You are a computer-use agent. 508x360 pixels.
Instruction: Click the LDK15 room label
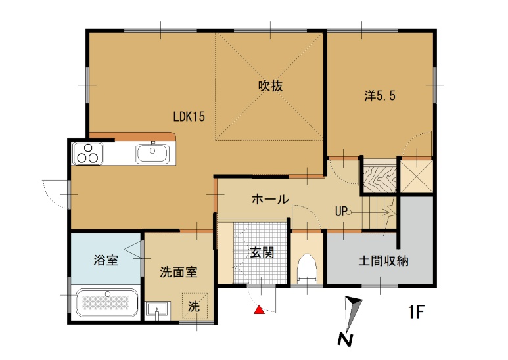click(190, 117)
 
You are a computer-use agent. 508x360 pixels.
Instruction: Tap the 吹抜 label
click(270, 85)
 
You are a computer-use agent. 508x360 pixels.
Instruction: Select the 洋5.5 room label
click(380, 95)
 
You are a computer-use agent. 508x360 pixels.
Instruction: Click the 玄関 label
click(262, 252)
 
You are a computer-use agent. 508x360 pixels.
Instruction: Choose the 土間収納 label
click(384, 260)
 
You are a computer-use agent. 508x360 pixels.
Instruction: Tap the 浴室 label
click(106, 260)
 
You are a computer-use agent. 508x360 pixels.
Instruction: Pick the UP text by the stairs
click(340, 212)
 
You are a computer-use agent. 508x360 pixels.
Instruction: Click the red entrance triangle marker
click(260, 310)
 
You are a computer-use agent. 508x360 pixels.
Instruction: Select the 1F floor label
click(417, 311)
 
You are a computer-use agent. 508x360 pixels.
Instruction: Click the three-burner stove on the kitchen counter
click(87, 154)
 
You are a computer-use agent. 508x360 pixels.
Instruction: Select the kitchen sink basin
click(154, 154)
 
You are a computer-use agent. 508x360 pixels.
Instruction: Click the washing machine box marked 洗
click(194, 305)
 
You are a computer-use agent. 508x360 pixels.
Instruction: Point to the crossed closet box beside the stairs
click(417, 175)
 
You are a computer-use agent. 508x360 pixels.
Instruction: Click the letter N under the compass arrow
click(343, 340)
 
